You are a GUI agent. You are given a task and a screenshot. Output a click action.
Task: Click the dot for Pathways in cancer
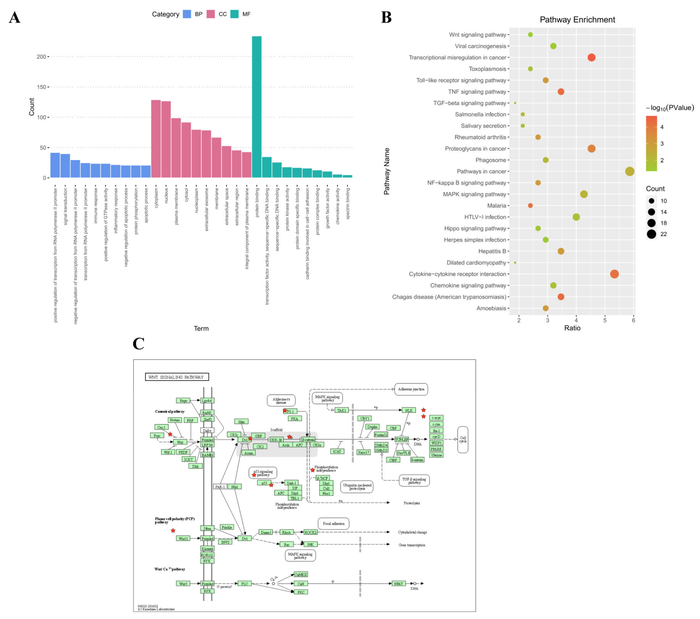(629, 171)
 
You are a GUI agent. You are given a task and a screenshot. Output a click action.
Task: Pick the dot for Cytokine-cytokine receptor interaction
(614, 274)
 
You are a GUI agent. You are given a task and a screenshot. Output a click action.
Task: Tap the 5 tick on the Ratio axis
(605, 320)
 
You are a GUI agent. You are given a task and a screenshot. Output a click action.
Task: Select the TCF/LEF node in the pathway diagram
(402, 440)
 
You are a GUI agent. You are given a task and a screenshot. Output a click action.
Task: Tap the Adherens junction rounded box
(411, 389)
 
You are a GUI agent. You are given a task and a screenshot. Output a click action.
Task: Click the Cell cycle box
(463, 440)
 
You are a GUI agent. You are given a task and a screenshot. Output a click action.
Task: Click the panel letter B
(386, 17)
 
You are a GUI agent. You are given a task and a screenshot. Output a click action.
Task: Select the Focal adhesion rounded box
(334, 523)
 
